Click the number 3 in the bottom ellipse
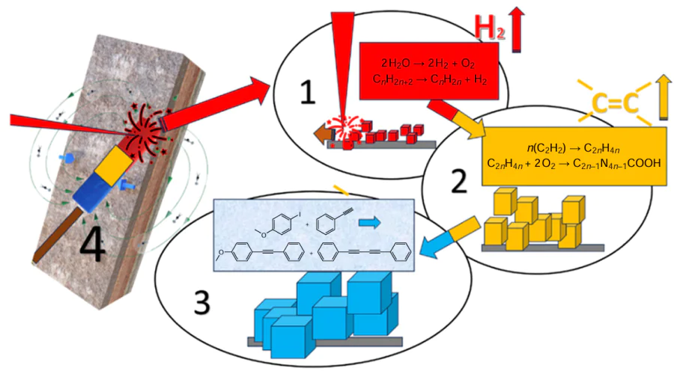point(201,303)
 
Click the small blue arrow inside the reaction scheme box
point(369,223)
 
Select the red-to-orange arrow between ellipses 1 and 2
point(458,120)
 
